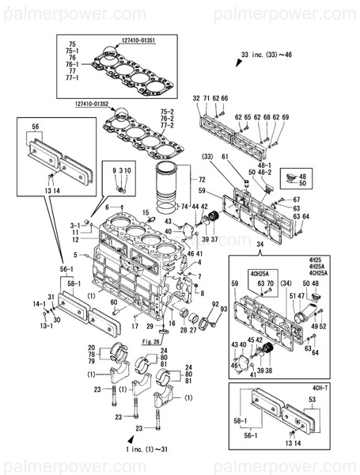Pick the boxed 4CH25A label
(260, 273)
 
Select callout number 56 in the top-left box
(36, 127)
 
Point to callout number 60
(114, 303)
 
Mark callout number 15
(146, 212)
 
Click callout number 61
(225, 158)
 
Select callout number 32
(196, 97)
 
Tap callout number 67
(296, 199)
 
